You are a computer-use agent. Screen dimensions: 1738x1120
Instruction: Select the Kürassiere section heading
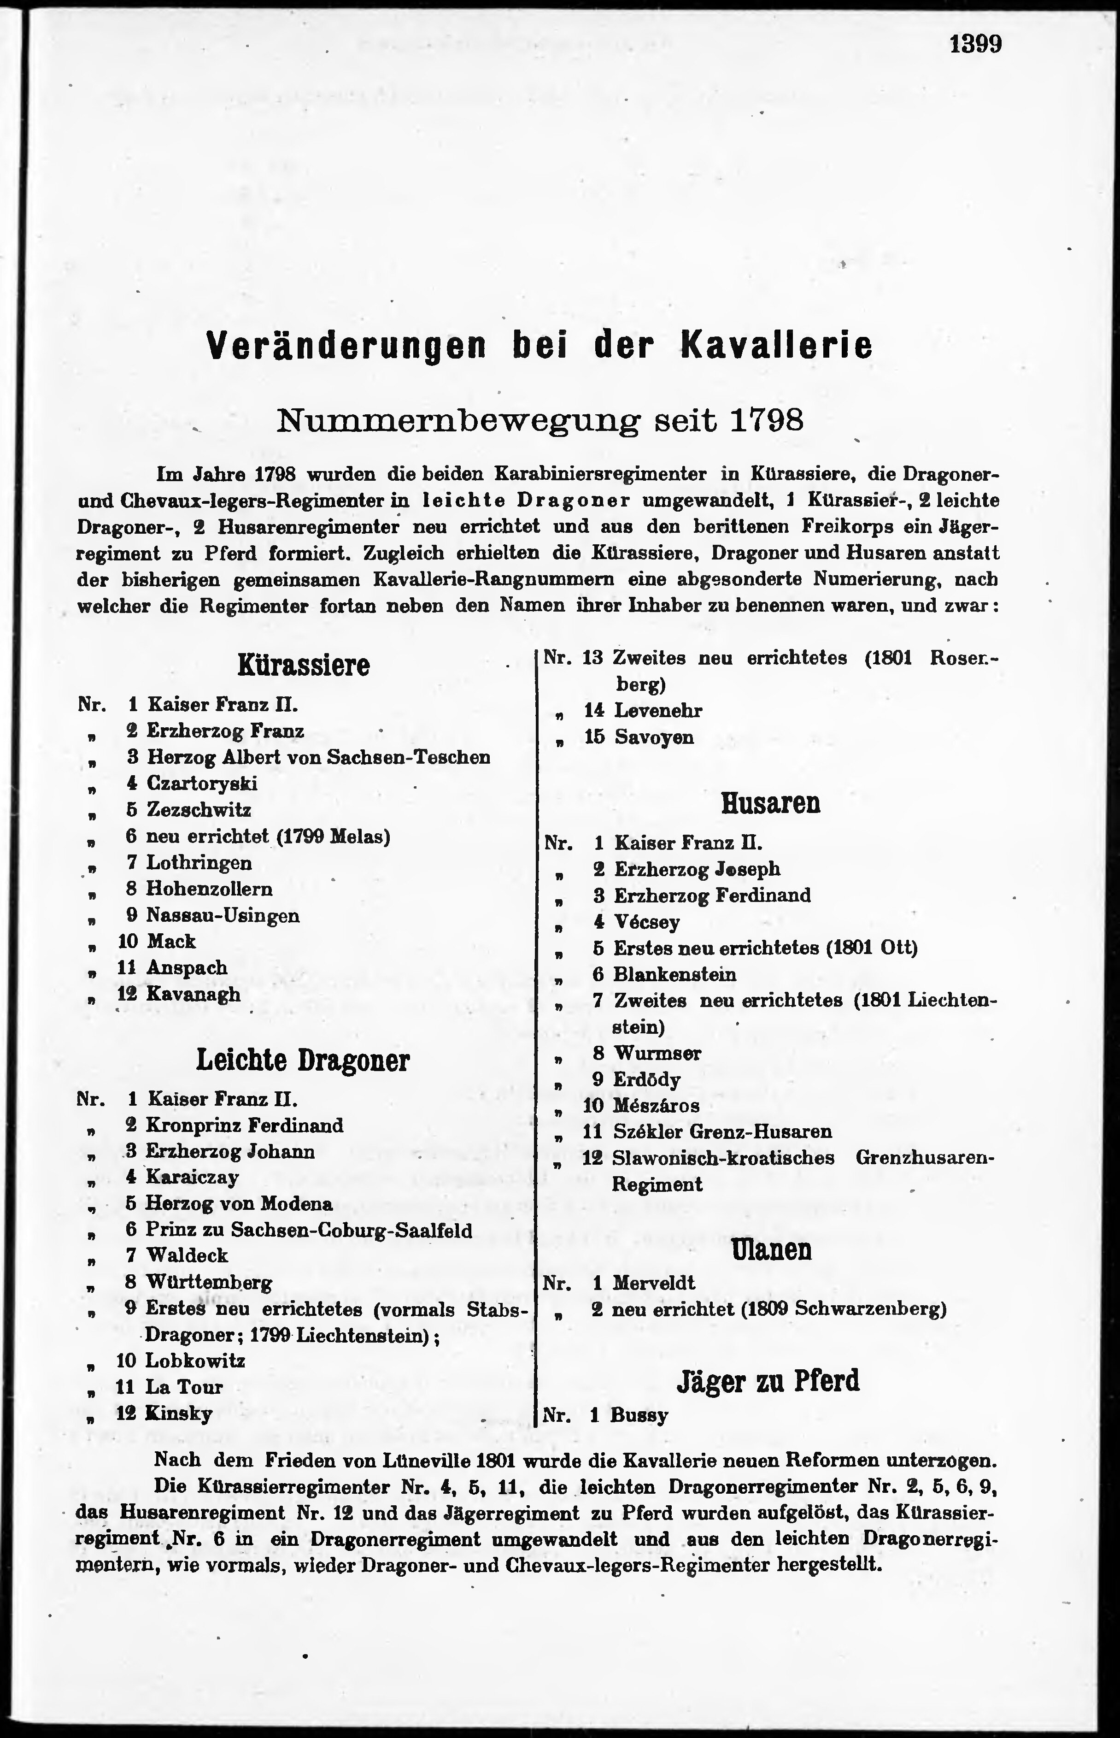(303, 665)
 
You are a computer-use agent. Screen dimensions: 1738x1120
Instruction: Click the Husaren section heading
(770, 803)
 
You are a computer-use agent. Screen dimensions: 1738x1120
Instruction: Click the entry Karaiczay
(192, 1177)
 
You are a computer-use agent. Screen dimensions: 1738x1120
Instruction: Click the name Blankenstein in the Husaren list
(675, 974)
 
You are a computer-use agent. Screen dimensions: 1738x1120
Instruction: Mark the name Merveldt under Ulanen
(654, 1283)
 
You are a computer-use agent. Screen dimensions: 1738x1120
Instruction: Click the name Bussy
(639, 1415)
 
